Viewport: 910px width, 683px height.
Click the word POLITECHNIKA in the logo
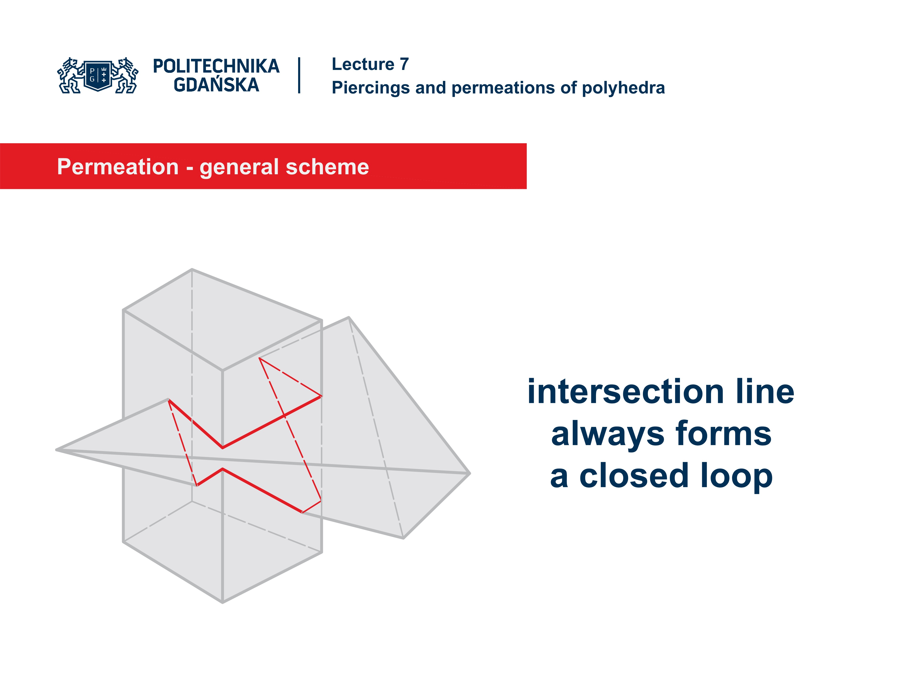point(216,66)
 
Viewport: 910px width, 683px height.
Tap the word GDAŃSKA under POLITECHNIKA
point(216,85)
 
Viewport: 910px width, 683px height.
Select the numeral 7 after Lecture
point(404,64)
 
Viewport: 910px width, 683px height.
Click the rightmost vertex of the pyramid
point(469,473)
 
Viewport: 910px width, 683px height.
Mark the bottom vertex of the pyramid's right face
point(404,538)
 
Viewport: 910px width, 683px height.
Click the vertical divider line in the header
point(299,75)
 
